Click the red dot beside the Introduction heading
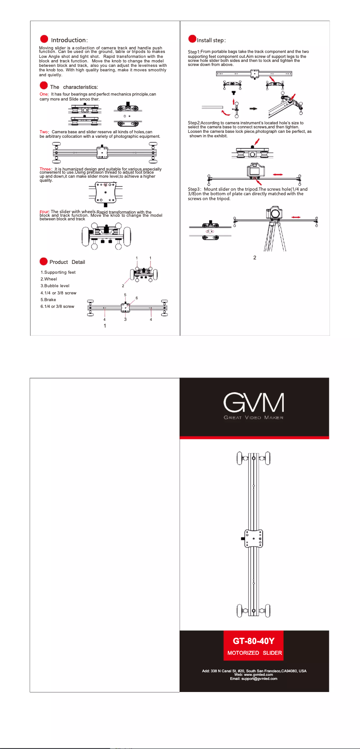(x=44, y=39)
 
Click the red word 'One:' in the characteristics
(x=44, y=94)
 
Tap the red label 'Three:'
(x=46, y=169)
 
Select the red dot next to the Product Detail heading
(x=44, y=261)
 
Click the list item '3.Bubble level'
(x=55, y=286)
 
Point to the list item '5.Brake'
(x=48, y=299)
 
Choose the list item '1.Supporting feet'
(x=58, y=272)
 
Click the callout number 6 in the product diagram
(x=136, y=298)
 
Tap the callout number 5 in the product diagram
(x=125, y=295)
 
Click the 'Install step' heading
(x=211, y=40)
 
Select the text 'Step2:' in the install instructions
(x=194, y=123)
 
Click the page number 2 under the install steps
(x=255, y=258)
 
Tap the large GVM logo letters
(x=254, y=403)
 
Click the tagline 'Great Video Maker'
(x=254, y=418)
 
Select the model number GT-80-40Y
(x=254, y=641)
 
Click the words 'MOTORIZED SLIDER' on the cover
(x=255, y=653)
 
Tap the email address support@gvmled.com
(x=254, y=679)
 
